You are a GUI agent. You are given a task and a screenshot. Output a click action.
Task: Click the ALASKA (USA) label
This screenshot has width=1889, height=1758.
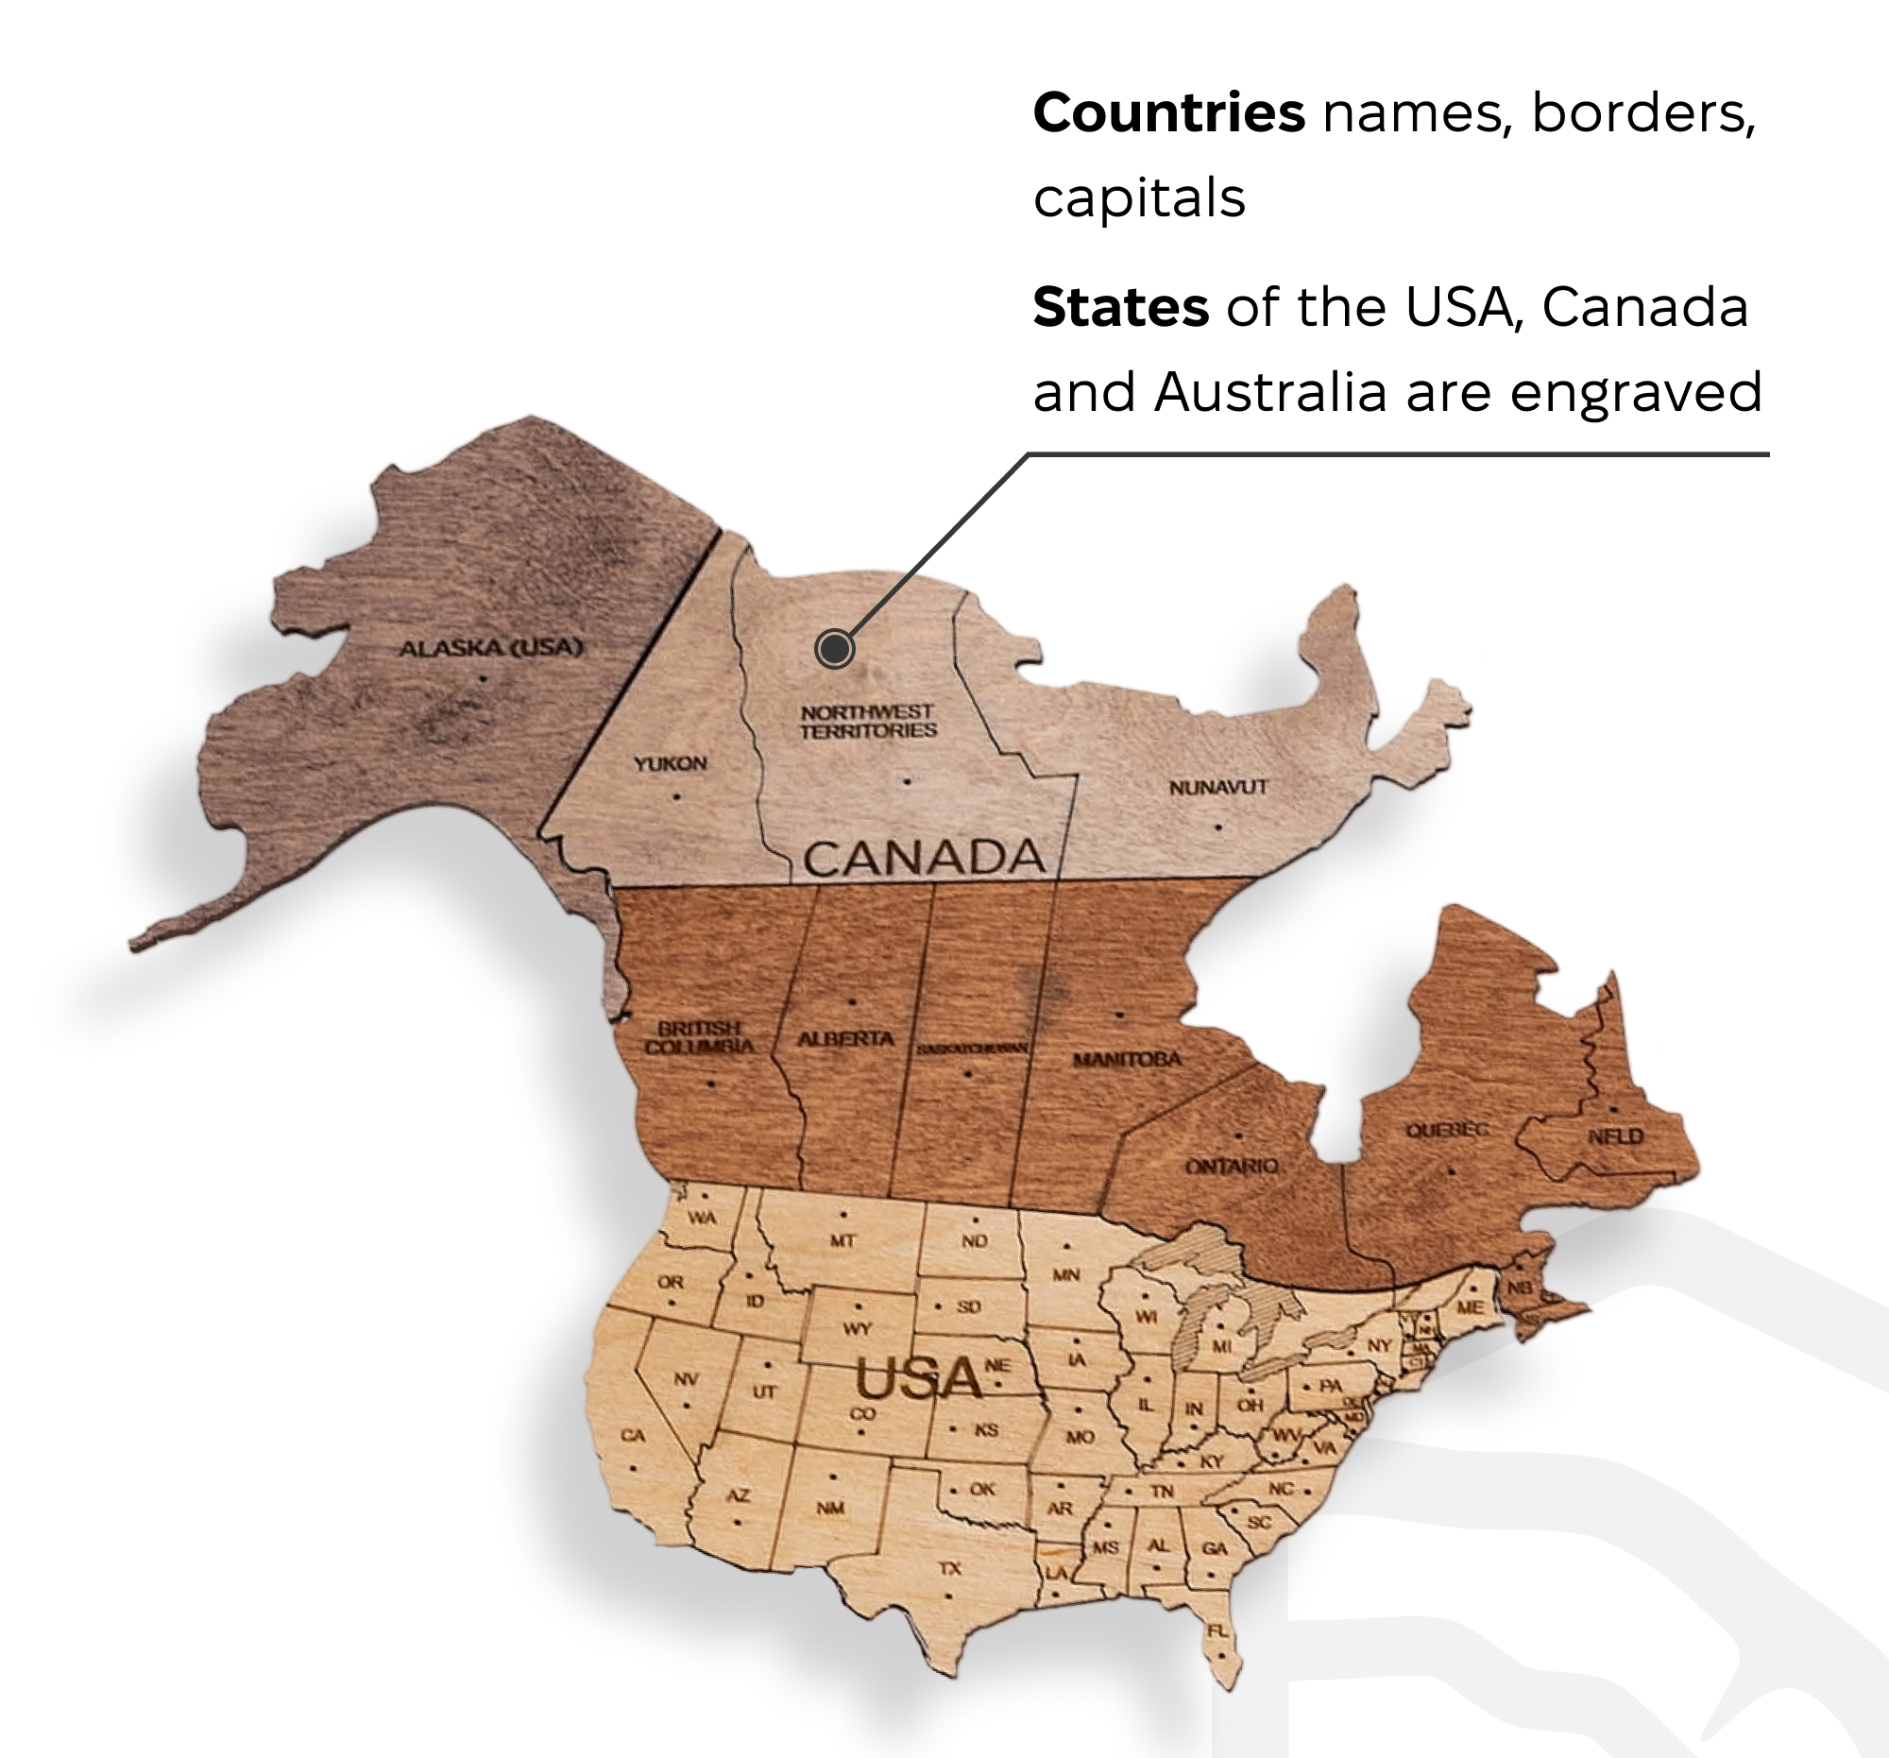(490, 648)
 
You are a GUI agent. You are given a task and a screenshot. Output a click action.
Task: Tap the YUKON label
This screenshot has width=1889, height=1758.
(671, 763)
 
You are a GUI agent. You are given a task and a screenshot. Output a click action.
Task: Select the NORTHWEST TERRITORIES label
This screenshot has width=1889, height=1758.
(868, 722)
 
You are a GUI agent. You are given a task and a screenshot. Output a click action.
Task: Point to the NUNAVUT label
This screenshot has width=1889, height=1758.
(1218, 787)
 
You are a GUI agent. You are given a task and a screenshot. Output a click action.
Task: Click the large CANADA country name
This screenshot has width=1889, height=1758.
(924, 858)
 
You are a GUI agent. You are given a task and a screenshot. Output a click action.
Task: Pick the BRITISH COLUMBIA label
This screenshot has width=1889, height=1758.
(699, 1037)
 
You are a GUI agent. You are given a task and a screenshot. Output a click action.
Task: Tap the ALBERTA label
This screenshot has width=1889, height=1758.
(845, 1038)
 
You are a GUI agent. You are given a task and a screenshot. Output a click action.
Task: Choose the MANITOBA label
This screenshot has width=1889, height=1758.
(1127, 1059)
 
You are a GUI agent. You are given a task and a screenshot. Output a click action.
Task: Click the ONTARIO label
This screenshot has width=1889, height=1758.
(1232, 1166)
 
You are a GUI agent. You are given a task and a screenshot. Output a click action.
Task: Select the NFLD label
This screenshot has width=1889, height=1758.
(1615, 1136)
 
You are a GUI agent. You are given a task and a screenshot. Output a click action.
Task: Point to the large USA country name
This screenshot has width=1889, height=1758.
(918, 1379)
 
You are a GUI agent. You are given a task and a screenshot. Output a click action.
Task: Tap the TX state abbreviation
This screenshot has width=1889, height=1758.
(950, 1568)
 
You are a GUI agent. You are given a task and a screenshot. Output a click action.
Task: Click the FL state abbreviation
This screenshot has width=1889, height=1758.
(1217, 1630)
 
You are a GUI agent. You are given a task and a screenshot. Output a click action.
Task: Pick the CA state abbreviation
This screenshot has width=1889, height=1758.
(633, 1435)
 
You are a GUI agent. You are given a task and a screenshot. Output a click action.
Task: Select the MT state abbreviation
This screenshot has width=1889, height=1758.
(842, 1240)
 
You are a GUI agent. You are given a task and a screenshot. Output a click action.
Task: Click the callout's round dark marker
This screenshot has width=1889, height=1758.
(834, 649)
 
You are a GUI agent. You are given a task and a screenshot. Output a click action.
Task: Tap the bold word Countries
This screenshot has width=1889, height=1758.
(1168, 112)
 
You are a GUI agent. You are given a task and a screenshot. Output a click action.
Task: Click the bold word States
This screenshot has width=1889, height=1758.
(1120, 306)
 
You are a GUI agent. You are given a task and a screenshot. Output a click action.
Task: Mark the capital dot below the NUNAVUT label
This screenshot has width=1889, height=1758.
(1218, 827)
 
